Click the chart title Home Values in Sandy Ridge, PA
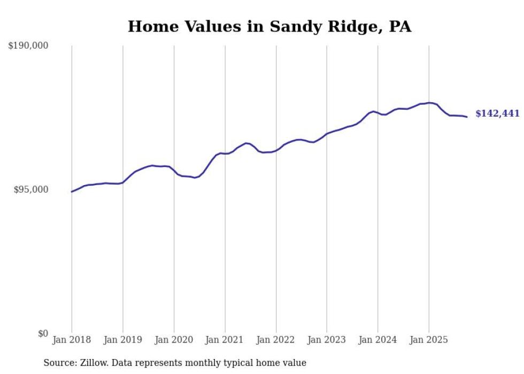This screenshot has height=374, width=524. coord(269,26)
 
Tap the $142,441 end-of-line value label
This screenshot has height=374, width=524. coord(497,113)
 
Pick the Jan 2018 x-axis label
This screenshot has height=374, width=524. coord(72,340)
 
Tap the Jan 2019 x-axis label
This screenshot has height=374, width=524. coord(123,340)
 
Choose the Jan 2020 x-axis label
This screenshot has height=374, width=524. coord(174,340)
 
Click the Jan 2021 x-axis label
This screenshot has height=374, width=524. coord(225,340)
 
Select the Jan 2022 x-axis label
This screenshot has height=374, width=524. coord(276,340)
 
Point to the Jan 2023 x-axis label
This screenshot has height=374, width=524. coord(327,340)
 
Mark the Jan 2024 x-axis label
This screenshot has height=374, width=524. coord(378,340)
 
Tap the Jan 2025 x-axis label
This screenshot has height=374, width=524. coord(429,340)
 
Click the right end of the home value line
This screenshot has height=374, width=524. coord(467,117)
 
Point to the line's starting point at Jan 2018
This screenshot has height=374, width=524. coord(72,192)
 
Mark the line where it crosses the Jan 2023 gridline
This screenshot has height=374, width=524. coord(327,134)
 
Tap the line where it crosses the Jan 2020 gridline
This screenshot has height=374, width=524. coord(174,170)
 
